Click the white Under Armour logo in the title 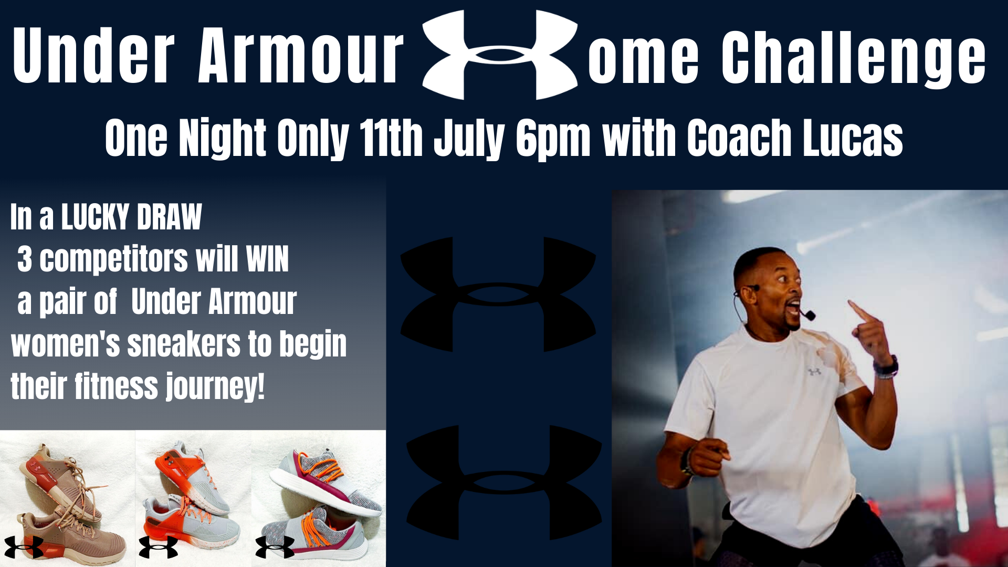pyautogui.click(x=500, y=55)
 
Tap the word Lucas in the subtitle pyautogui.click(x=853, y=138)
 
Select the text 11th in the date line pyautogui.click(x=391, y=138)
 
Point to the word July pyautogui.click(x=469, y=140)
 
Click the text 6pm pyautogui.click(x=553, y=140)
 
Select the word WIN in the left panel pyautogui.click(x=268, y=259)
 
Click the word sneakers pyautogui.click(x=184, y=344)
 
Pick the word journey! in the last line pyautogui.click(x=215, y=387)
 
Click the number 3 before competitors pyautogui.click(x=24, y=259)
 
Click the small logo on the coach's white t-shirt pyautogui.click(x=814, y=371)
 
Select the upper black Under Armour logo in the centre pyautogui.click(x=498, y=294)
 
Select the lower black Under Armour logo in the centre pyautogui.click(x=504, y=482)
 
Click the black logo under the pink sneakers pyautogui.click(x=24, y=547)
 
